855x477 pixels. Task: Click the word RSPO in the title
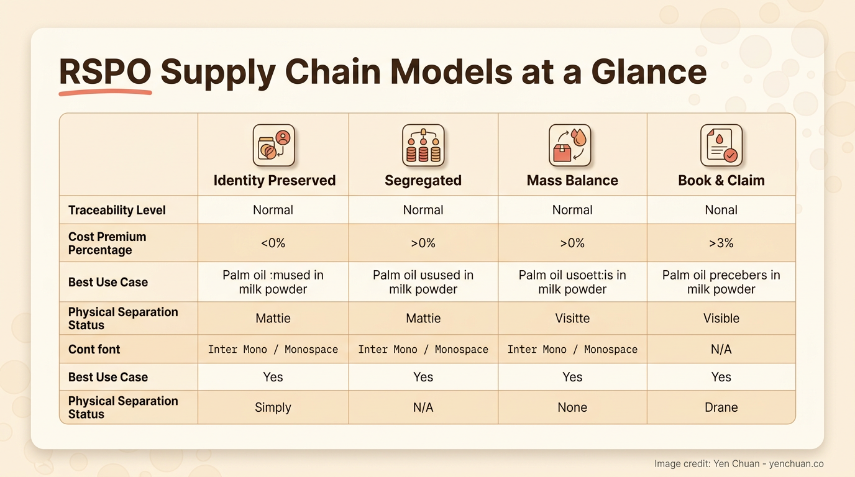click(x=105, y=71)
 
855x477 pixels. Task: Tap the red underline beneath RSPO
click(x=105, y=93)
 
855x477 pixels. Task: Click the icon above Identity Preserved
click(x=273, y=145)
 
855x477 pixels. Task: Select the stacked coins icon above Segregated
click(x=423, y=145)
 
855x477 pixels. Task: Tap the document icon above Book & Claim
click(x=721, y=145)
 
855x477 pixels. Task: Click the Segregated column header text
click(x=423, y=181)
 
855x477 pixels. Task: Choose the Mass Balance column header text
click(x=572, y=181)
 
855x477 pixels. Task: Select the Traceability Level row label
click(x=117, y=210)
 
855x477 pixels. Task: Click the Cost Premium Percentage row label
click(x=107, y=243)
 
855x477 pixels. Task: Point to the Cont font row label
click(x=94, y=349)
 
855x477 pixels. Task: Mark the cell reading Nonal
click(x=721, y=210)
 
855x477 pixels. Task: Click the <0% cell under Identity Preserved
click(x=273, y=243)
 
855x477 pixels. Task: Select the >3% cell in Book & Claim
click(x=721, y=243)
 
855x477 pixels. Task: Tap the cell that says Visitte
click(x=572, y=318)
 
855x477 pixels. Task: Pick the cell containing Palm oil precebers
click(x=721, y=282)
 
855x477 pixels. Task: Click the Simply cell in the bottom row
click(x=273, y=407)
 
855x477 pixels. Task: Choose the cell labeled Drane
click(x=721, y=407)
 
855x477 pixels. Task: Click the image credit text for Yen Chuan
click(x=739, y=464)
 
